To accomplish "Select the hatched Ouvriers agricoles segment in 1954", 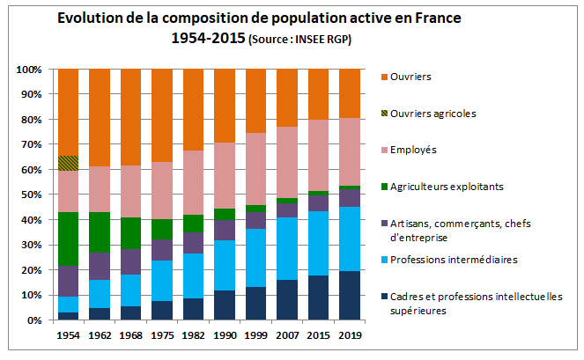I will pos(68,163).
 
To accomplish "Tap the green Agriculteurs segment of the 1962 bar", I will pos(99,232).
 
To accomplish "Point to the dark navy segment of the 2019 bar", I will pos(350,296).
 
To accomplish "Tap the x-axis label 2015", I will pos(319,335).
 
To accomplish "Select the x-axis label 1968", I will pos(130,335).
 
